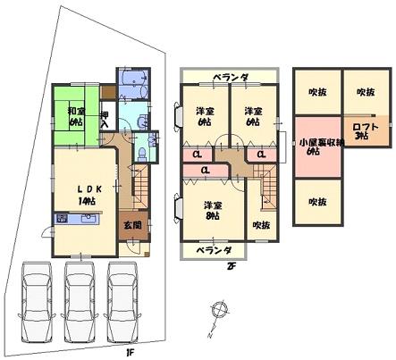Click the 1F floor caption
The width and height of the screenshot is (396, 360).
(130, 351)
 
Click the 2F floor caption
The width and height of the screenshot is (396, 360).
(230, 265)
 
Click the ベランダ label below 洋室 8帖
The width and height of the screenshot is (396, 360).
(215, 249)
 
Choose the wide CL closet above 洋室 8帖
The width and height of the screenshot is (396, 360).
(205, 169)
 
